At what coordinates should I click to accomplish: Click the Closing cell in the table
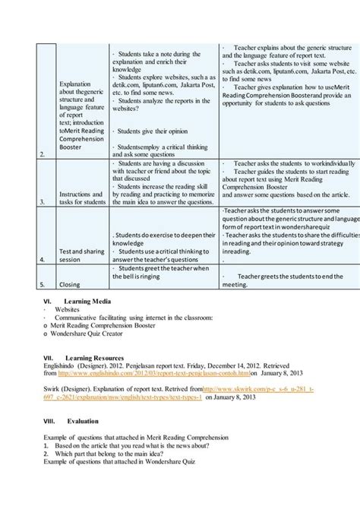(70, 285)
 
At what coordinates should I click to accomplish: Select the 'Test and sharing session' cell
(81, 254)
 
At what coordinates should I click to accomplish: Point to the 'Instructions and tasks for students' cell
(82, 198)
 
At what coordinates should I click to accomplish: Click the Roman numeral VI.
(48, 302)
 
